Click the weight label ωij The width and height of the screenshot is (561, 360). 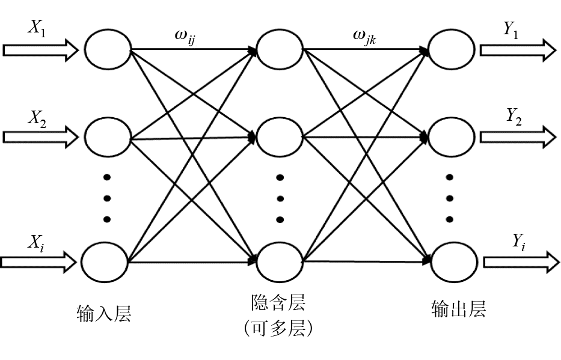(188, 37)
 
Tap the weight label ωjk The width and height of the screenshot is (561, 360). (366, 37)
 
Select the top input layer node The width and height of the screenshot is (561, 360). (108, 49)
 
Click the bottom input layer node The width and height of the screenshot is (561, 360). (105, 262)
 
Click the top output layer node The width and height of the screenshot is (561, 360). (453, 49)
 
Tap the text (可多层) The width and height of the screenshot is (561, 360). (278, 328)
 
